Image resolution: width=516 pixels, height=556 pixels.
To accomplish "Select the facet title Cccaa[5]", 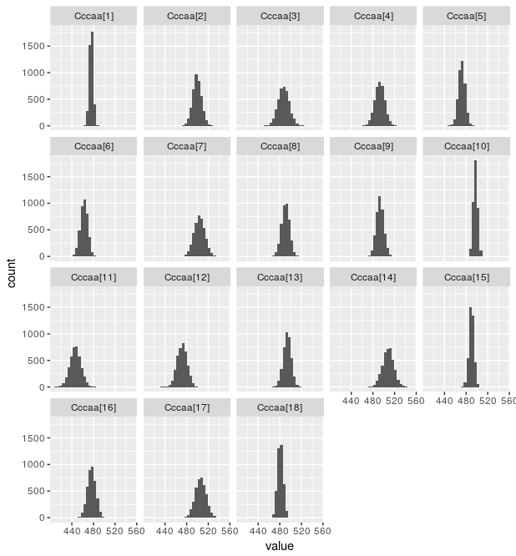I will click(x=465, y=16).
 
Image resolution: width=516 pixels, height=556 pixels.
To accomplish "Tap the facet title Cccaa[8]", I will click(x=280, y=146).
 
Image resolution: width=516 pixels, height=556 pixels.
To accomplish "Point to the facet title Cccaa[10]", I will click(x=465, y=146).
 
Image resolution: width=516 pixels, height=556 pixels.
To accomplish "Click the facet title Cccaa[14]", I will click(x=372, y=277).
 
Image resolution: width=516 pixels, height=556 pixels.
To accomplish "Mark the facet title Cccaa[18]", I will click(x=280, y=407).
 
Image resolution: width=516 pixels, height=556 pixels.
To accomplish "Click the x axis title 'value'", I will click(x=279, y=546).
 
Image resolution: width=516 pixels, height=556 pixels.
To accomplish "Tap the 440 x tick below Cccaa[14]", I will click(x=352, y=401).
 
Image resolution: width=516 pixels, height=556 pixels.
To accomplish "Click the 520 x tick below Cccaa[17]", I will click(x=207, y=531).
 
